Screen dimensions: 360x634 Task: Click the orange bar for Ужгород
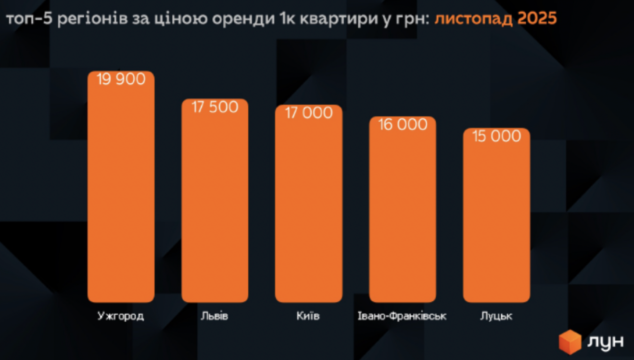click(x=121, y=193)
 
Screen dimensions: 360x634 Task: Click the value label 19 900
click(x=121, y=79)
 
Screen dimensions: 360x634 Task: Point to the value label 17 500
click(x=215, y=107)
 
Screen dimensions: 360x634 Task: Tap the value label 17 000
click(x=308, y=113)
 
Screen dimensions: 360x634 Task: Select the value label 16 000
click(x=403, y=124)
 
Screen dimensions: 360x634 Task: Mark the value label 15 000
click(x=496, y=136)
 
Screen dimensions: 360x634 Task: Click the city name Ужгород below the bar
click(x=121, y=316)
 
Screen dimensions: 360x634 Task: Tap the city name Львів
click(x=215, y=316)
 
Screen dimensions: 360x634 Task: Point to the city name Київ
click(x=308, y=316)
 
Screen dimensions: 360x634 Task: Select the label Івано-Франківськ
click(x=402, y=316)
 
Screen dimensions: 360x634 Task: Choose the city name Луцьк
click(x=496, y=316)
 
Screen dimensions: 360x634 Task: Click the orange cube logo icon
click(x=570, y=342)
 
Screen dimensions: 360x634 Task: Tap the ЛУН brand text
click(x=606, y=342)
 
